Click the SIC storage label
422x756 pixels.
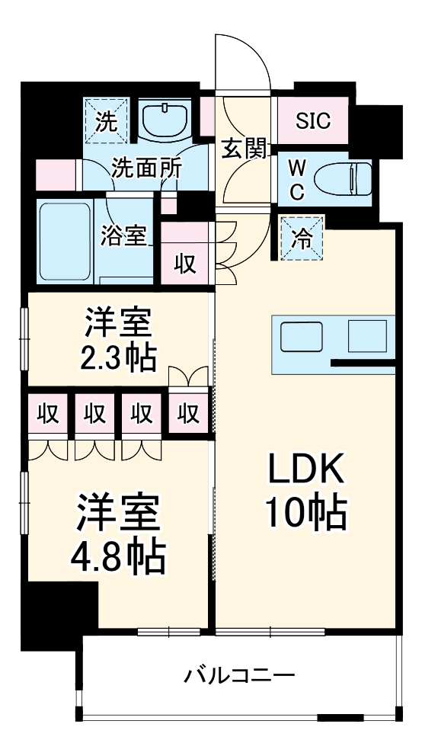(x=312, y=120)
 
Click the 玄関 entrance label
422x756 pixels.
(x=245, y=149)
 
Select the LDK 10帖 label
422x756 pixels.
(x=306, y=492)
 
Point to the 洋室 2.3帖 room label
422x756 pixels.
(x=120, y=337)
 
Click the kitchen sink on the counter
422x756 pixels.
(x=302, y=335)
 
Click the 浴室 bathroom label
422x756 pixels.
(x=123, y=235)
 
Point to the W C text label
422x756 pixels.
(x=296, y=180)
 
